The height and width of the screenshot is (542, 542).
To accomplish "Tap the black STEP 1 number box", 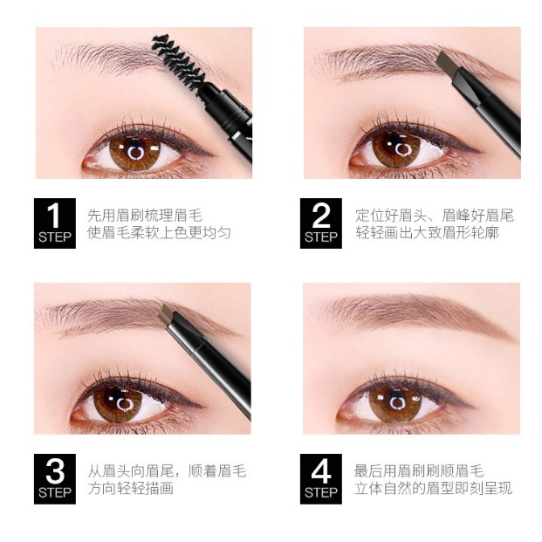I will [55, 223].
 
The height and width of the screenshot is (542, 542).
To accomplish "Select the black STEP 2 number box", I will [321, 223].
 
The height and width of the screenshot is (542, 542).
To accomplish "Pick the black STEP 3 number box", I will [55, 479].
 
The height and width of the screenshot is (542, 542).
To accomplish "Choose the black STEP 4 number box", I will [321, 479].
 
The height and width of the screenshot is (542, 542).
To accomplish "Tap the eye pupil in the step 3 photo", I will [127, 405].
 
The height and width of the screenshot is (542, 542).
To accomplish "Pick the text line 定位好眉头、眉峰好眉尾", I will [435, 214].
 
